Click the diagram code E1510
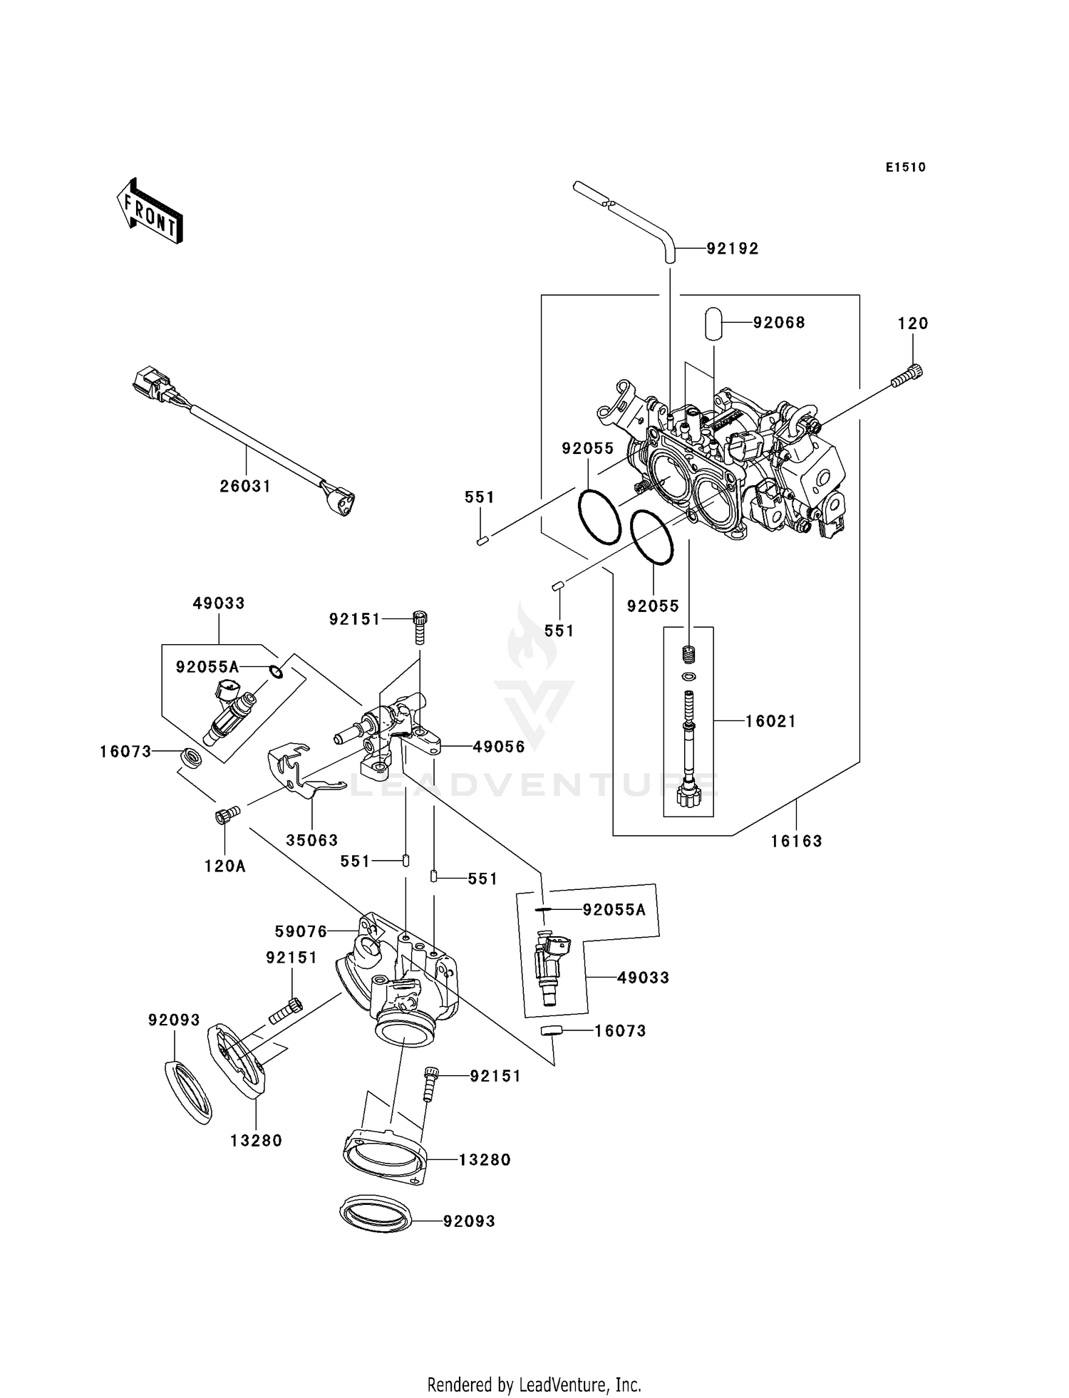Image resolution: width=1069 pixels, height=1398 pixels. (x=905, y=167)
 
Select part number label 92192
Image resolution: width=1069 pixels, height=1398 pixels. (x=732, y=249)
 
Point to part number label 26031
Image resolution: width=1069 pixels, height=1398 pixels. (x=245, y=486)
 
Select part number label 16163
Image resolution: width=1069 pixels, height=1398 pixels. (x=796, y=841)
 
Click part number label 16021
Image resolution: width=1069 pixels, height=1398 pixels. (x=770, y=721)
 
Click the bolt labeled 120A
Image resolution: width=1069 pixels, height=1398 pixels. (x=226, y=814)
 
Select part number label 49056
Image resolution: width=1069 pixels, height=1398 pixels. (x=498, y=747)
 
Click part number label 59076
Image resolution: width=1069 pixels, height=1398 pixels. (x=301, y=931)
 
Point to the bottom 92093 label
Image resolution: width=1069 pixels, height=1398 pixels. (x=468, y=1221)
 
